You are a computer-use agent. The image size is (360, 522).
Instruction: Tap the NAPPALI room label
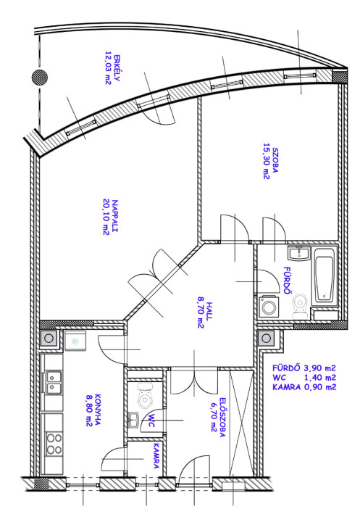coord(115,216)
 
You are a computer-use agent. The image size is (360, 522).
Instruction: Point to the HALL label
coord(209,311)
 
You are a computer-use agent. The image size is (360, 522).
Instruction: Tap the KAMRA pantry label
coord(156,455)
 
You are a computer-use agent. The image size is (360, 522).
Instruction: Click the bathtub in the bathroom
coord(325,275)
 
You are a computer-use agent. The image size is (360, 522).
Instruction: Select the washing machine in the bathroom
coord(268,306)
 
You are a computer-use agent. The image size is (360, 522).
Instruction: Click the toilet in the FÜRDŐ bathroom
coord(299,306)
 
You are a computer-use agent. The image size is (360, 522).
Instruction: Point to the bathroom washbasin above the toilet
coord(299,253)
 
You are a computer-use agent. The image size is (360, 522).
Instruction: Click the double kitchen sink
coord(53,383)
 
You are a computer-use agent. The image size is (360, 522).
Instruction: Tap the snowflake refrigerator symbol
coord(76,341)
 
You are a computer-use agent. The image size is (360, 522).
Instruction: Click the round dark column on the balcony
coord(40,78)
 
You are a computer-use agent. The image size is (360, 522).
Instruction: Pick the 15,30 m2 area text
coord(266,161)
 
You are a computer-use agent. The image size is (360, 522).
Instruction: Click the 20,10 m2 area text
coord(106,216)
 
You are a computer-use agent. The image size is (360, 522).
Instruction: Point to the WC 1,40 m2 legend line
coord(304,378)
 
